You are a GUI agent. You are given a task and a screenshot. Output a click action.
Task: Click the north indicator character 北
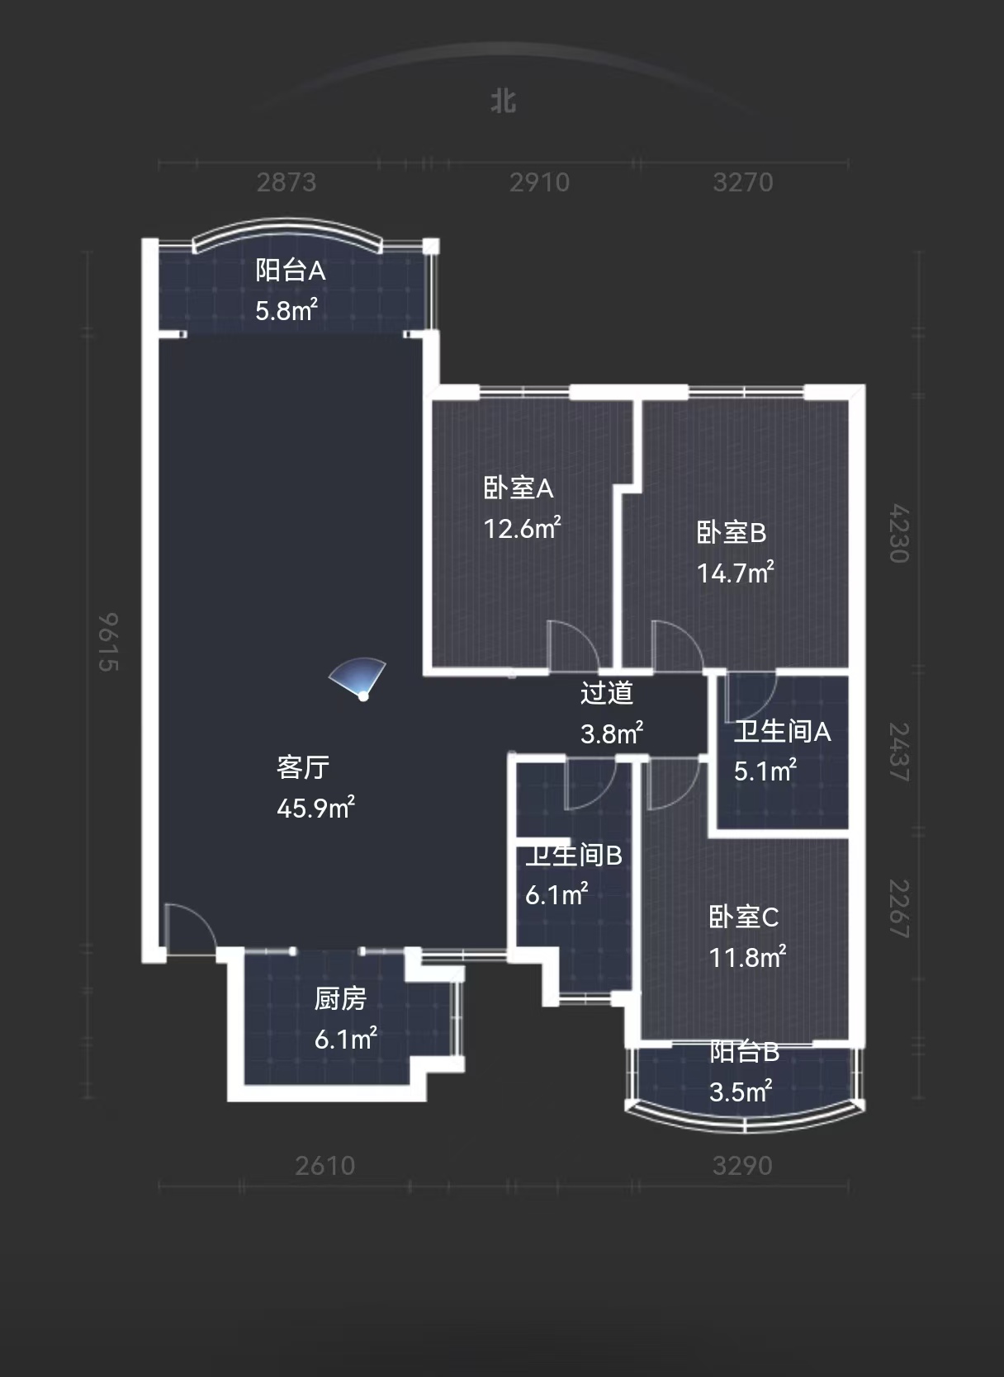[503, 101]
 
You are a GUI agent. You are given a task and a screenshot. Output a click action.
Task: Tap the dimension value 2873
[287, 182]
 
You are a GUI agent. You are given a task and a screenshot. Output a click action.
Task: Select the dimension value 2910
[539, 182]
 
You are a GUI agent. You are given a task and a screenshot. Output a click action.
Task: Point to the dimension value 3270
[743, 182]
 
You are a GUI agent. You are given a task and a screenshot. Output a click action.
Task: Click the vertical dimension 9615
[108, 642]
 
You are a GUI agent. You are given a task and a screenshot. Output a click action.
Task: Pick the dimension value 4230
[899, 533]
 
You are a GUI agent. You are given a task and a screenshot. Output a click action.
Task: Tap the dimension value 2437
[899, 752]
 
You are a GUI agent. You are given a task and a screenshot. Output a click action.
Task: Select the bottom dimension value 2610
[325, 1166]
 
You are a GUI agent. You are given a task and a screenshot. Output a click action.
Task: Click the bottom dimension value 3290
[742, 1166]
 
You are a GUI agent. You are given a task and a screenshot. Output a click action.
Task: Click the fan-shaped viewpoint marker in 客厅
[359, 679]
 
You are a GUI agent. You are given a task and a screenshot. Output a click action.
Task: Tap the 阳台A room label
[290, 270]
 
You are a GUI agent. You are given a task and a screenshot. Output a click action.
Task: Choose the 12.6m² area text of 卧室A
[522, 528]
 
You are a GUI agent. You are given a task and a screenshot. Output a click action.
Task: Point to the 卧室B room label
[732, 532]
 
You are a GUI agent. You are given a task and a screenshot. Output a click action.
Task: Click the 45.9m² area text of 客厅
[315, 807]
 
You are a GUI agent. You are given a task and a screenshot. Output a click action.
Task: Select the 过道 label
[607, 692]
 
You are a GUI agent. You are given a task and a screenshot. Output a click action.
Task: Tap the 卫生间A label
[782, 731]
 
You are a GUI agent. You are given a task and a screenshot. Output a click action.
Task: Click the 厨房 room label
[340, 999]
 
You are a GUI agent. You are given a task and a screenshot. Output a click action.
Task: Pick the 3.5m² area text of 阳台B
[741, 1092]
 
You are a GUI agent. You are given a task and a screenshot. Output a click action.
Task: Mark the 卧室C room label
[743, 917]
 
